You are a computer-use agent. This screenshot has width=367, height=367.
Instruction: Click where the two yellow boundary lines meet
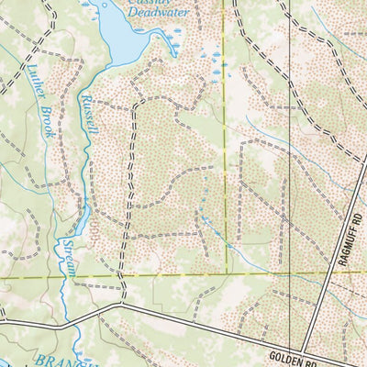point(226,273)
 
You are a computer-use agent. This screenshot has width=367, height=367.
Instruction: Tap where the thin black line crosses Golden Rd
point(292,340)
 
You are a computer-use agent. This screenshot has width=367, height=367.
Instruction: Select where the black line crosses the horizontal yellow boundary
point(292,273)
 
